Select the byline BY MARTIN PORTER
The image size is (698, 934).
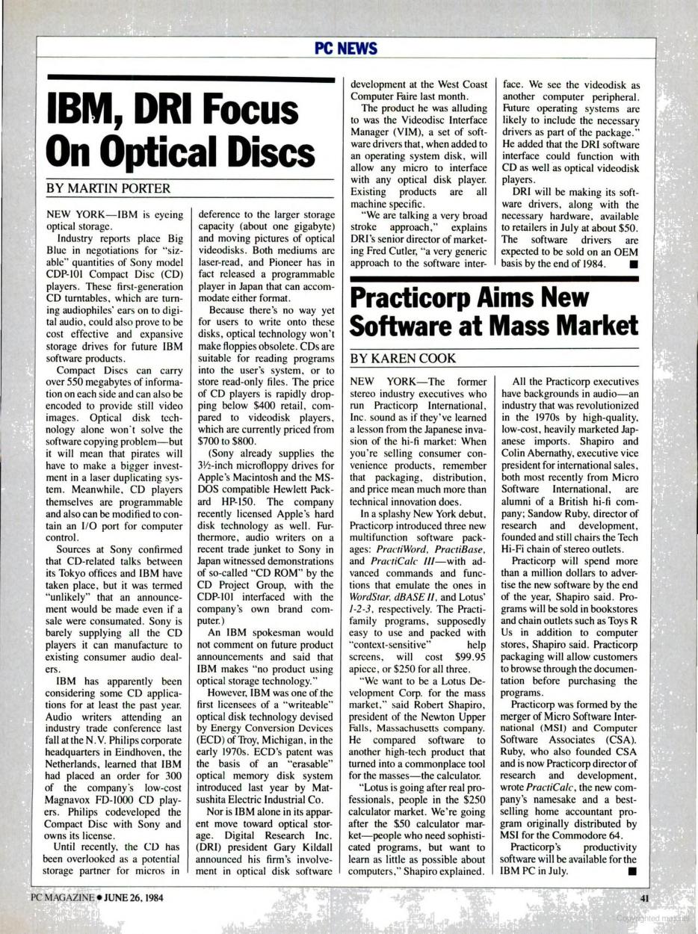click(108, 188)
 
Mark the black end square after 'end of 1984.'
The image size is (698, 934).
click(632, 264)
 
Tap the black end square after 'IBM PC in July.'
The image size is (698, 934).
click(632, 870)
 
